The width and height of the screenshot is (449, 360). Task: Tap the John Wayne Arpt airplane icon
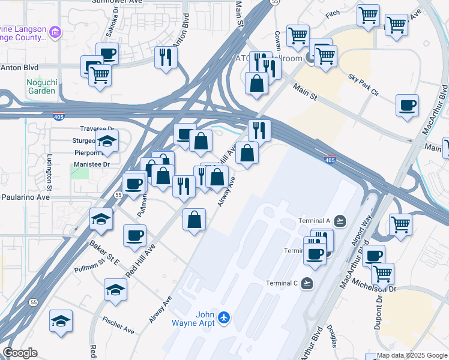[x=224, y=316]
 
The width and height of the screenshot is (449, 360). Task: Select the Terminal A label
[x=315, y=221]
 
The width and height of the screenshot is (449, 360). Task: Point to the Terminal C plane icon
[x=308, y=283]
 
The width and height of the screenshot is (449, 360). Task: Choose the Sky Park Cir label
[x=364, y=85]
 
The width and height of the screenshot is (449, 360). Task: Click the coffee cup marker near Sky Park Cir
[x=408, y=106]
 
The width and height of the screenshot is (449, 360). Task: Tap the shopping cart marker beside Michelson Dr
[x=382, y=274]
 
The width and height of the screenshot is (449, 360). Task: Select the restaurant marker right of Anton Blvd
[x=164, y=56]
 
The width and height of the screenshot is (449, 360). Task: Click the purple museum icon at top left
[x=55, y=31]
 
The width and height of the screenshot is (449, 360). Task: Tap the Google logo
[x=20, y=353]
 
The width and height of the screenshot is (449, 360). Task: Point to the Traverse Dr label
[x=97, y=129]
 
